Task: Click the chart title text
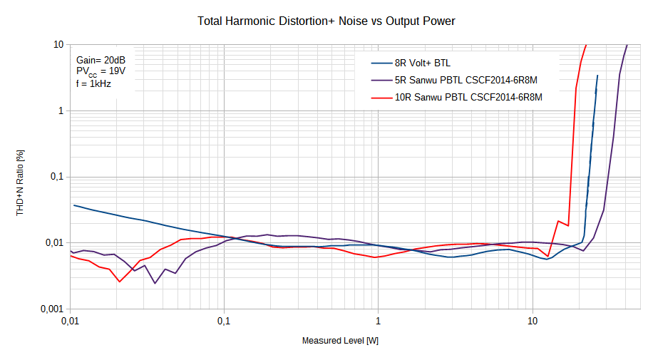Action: pos(326,21)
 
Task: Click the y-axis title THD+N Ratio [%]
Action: pos(21,177)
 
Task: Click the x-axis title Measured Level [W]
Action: pos(340,341)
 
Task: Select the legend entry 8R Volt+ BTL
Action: pos(422,63)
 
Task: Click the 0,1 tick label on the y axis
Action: pos(56,177)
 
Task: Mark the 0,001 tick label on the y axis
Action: pos(52,309)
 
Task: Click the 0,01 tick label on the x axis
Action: pos(70,322)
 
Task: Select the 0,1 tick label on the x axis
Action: pos(224,322)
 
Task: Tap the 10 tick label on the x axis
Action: pos(533,322)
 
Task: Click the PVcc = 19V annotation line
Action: pos(101,72)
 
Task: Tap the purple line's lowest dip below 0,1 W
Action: pos(155,283)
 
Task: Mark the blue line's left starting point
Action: pos(74,205)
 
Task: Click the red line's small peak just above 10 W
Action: pos(558,221)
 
